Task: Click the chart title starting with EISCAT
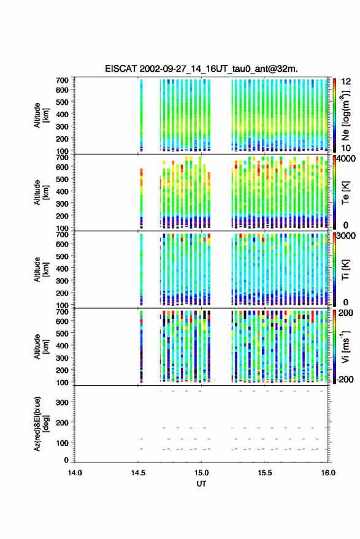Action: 201,69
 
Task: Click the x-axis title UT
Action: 201,484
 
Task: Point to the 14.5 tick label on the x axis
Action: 138,473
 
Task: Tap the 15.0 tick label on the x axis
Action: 201,473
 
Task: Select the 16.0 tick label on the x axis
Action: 327,473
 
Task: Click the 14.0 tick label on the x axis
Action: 75,473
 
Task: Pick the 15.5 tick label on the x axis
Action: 264,473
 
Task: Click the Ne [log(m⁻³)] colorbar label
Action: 345,116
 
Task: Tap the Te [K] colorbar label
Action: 345,193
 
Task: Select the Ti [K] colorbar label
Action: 345,270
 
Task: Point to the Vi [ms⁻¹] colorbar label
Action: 345,346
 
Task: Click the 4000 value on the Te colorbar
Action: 346,158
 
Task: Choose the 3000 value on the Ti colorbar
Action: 346,235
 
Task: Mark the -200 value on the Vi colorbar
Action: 345,379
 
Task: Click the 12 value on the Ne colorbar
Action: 346,82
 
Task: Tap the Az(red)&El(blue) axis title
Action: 41,424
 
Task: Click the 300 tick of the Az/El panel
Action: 62,402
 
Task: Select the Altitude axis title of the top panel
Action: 41,115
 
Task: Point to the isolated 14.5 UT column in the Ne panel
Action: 141,115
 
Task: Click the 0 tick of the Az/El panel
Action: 66,460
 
